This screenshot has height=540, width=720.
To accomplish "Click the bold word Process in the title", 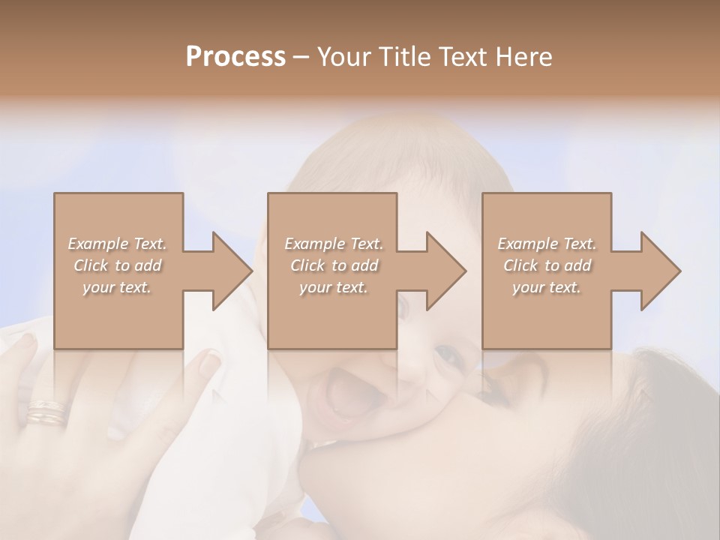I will click(x=235, y=57).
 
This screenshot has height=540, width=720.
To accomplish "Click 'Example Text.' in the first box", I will click(x=117, y=244).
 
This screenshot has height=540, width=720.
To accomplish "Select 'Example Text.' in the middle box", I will click(x=333, y=244).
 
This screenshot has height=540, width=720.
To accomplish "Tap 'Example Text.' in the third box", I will click(x=547, y=244).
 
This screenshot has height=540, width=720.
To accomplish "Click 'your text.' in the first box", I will click(x=117, y=287).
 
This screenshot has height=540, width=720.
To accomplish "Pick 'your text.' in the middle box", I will click(x=333, y=287).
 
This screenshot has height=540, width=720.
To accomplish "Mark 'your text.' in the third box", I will click(x=547, y=287).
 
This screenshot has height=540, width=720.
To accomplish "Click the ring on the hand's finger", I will click(x=46, y=413).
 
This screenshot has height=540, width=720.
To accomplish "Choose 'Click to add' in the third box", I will click(x=547, y=265).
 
